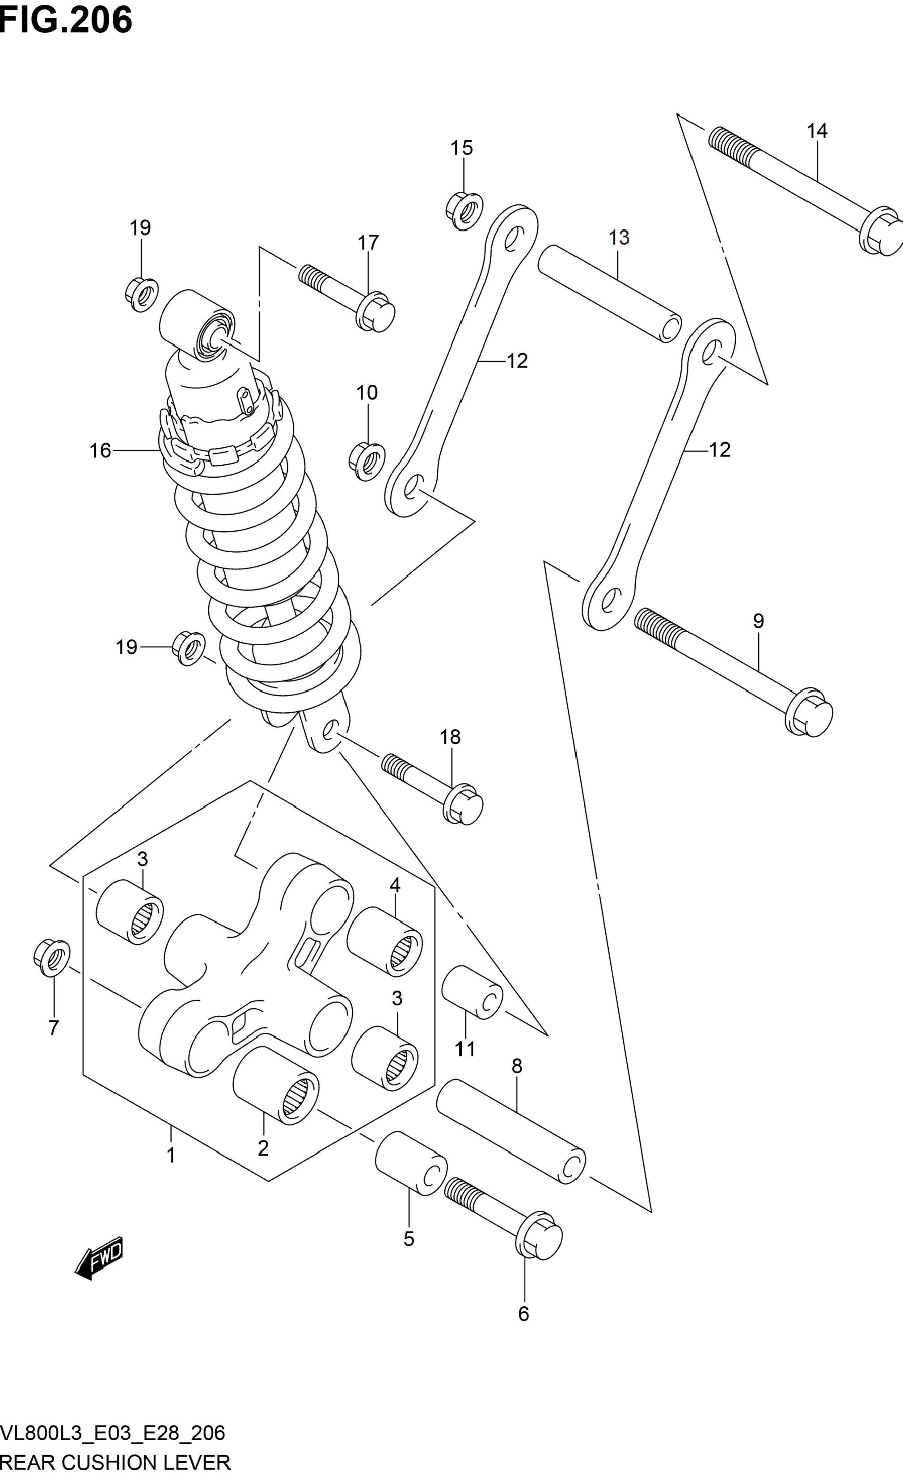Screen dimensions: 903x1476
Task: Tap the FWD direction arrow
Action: [99, 1258]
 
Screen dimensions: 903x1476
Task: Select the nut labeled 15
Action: [464, 211]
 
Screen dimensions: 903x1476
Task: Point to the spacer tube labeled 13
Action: [609, 294]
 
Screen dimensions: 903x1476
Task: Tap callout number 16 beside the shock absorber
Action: [101, 450]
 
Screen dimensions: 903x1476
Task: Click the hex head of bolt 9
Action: [809, 712]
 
